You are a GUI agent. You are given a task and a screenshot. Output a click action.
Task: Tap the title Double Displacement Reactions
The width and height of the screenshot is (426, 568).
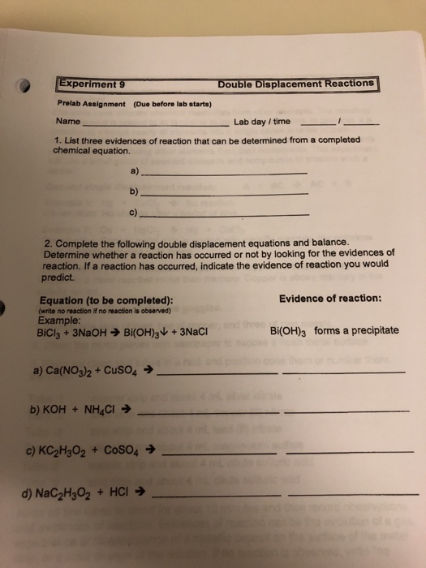click(295, 83)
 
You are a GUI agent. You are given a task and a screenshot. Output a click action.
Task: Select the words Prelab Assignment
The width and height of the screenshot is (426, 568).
click(90, 105)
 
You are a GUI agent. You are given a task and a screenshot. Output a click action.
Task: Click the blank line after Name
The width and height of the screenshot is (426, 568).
click(154, 126)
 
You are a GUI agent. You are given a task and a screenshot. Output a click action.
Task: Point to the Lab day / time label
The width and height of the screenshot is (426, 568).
click(261, 122)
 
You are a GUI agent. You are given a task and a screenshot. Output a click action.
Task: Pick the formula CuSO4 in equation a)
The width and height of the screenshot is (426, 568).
click(122, 374)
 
